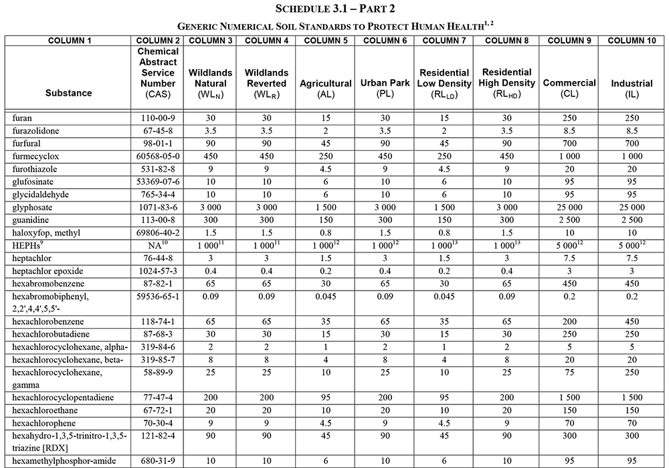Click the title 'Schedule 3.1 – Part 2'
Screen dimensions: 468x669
334,9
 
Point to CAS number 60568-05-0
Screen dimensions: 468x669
159,156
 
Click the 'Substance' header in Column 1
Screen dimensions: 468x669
68,92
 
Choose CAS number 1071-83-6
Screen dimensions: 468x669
159,208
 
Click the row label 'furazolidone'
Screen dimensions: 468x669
37,131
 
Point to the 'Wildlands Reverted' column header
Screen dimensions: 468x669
265,83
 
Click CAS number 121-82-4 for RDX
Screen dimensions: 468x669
159,436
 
